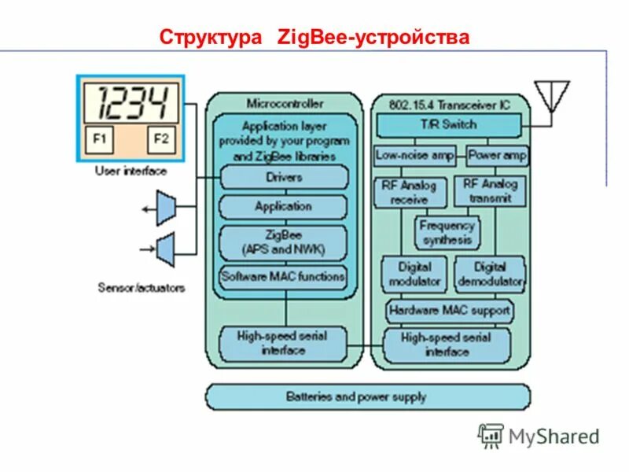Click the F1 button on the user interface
(100, 140)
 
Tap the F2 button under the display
(161, 140)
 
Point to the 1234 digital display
(131, 101)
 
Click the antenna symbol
(551, 95)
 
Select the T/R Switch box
(448, 124)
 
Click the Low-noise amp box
(415, 155)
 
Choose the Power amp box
(497, 155)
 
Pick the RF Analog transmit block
(490, 192)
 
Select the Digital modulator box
(414, 273)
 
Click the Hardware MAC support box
(449, 311)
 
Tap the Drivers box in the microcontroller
(284, 177)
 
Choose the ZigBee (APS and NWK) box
(283, 242)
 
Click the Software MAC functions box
(283, 276)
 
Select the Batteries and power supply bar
(367, 396)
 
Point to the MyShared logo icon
(491, 435)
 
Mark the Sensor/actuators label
(142, 288)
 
